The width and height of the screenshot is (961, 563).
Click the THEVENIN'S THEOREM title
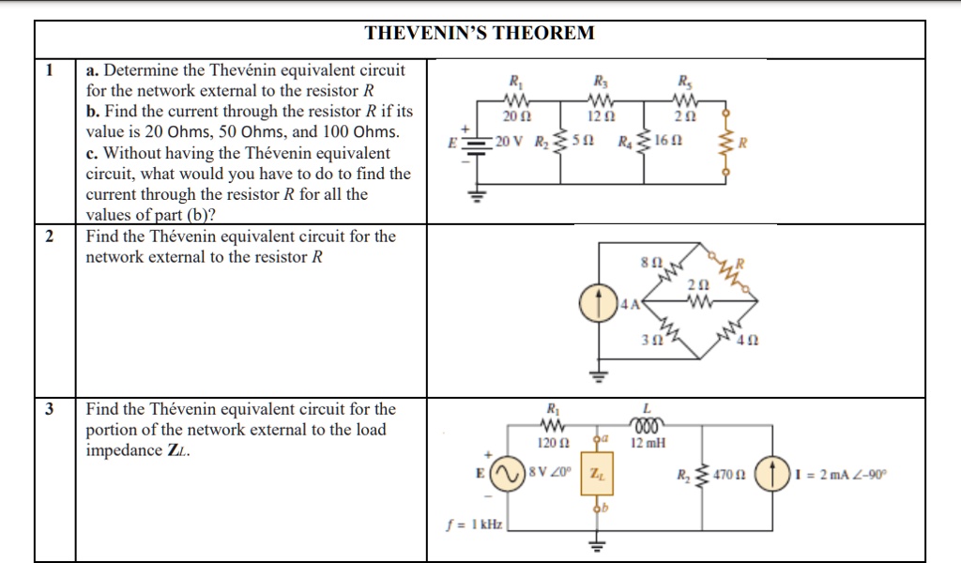(x=480, y=34)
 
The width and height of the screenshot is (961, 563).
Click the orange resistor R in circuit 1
(x=724, y=144)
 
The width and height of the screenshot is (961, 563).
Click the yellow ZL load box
(x=596, y=477)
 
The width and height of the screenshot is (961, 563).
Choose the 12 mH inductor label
(x=648, y=443)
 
